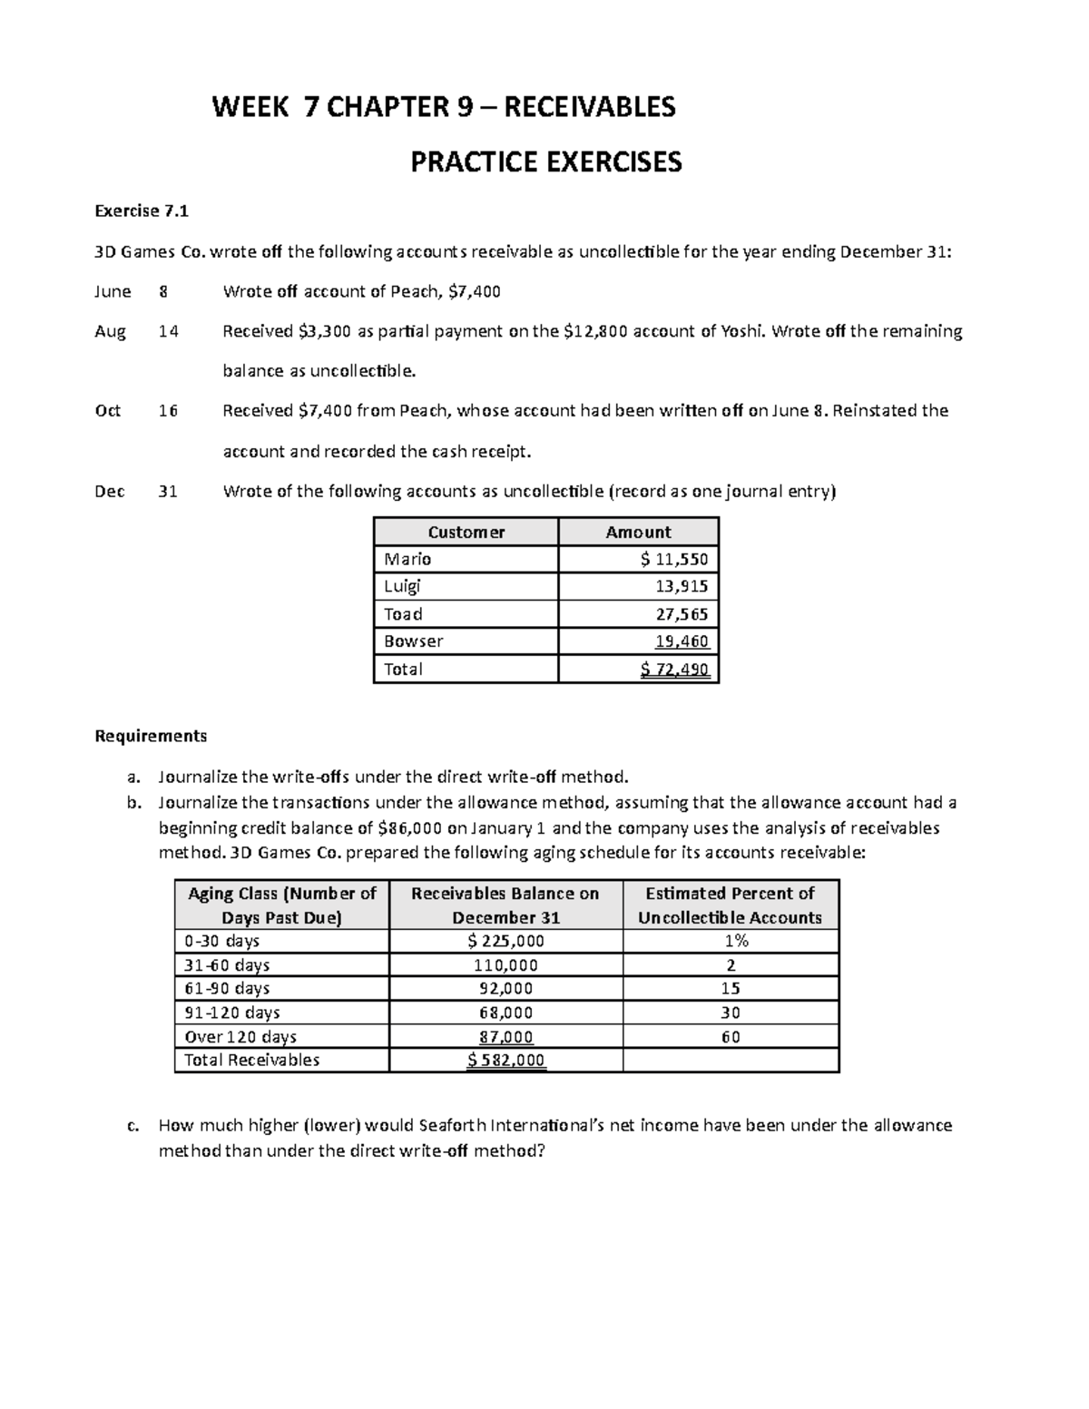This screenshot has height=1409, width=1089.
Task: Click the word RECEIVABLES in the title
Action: [x=589, y=108]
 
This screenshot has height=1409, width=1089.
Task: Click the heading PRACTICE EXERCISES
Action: [x=545, y=162]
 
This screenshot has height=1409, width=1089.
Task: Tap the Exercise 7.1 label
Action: [x=142, y=211]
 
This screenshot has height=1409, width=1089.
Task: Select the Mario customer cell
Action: [x=407, y=559]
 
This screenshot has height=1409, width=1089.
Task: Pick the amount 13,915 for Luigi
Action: [x=682, y=586]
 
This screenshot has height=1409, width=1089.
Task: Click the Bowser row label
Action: [x=413, y=641]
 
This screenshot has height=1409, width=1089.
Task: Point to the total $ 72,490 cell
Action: [x=674, y=670]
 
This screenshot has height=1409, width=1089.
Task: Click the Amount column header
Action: [x=638, y=533]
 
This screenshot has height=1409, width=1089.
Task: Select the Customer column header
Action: [x=466, y=533]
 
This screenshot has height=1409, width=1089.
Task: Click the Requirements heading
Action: [x=151, y=736]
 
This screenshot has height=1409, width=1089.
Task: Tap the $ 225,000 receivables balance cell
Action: [x=505, y=942]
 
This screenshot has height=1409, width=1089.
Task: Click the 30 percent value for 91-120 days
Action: [x=731, y=1013]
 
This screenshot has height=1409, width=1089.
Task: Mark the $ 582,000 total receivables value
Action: [x=506, y=1061]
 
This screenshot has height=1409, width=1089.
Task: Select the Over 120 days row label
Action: [x=240, y=1037]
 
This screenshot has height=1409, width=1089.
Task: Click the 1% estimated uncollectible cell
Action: [x=731, y=942]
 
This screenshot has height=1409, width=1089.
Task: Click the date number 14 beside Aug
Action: [x=168, y=331]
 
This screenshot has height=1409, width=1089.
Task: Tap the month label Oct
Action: [x=108, y=411]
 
